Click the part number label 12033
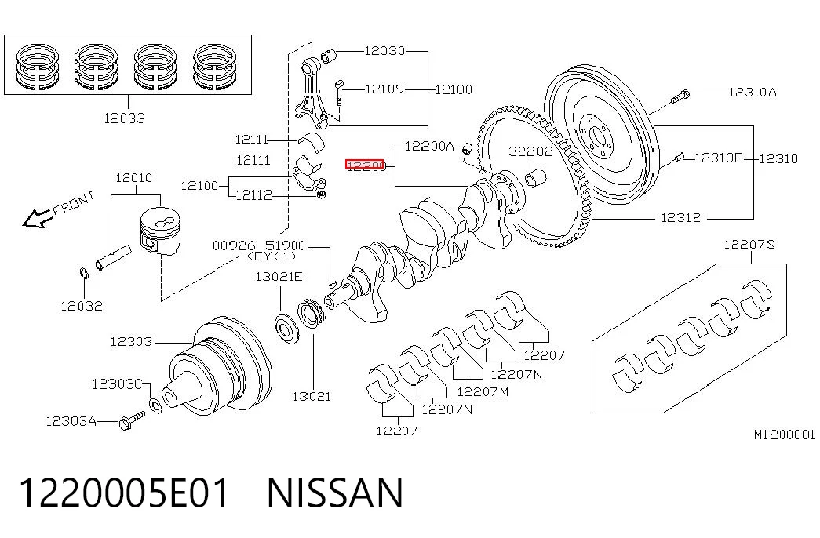(125, 118)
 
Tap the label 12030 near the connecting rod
(384, 51)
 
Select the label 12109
(384, 89)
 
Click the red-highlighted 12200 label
(365, 165)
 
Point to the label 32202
(530, 151)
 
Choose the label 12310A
(753, 93)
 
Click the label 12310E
(718, 158)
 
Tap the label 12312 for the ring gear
(680, 217)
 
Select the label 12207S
(749, 244)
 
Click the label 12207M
(483, 391)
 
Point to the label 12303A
(71, 421)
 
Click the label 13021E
(279, 277)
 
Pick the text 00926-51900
(258, 245)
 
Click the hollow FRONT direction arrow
(38, 217)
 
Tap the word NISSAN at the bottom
(335, 493)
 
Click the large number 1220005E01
(125, 493)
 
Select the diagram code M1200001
(784, 435)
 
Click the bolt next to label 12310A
(680, 96)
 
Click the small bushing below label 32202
(535, 178)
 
